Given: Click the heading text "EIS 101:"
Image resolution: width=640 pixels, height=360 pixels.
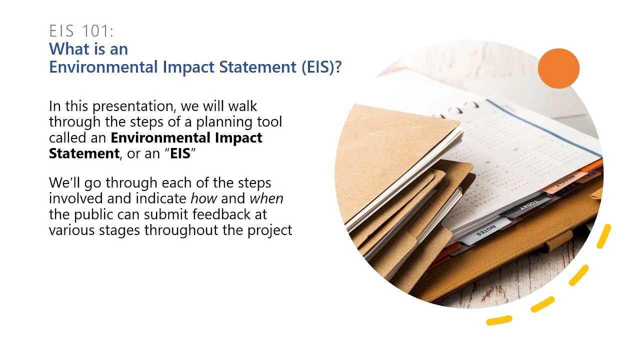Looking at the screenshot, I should tap(81, 31).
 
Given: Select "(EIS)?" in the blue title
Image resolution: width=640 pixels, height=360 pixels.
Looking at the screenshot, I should tap(321, 67).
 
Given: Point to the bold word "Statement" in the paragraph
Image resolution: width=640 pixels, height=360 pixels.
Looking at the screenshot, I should tap(83, 153).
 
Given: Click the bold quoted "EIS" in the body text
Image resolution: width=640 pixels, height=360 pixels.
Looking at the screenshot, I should tap(180, 153).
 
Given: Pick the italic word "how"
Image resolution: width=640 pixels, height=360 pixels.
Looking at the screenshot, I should tap(203, 198).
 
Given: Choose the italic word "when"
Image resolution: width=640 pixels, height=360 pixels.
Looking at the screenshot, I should tap(266, 198).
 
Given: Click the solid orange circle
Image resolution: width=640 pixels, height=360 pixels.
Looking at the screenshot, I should tap(558, 68).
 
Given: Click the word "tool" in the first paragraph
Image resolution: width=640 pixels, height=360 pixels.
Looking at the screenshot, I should tap(269, 122).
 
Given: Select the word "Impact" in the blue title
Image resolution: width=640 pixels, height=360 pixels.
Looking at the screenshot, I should tap(182, 67).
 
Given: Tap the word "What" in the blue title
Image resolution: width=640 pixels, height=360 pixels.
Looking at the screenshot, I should tap(65, 49).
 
